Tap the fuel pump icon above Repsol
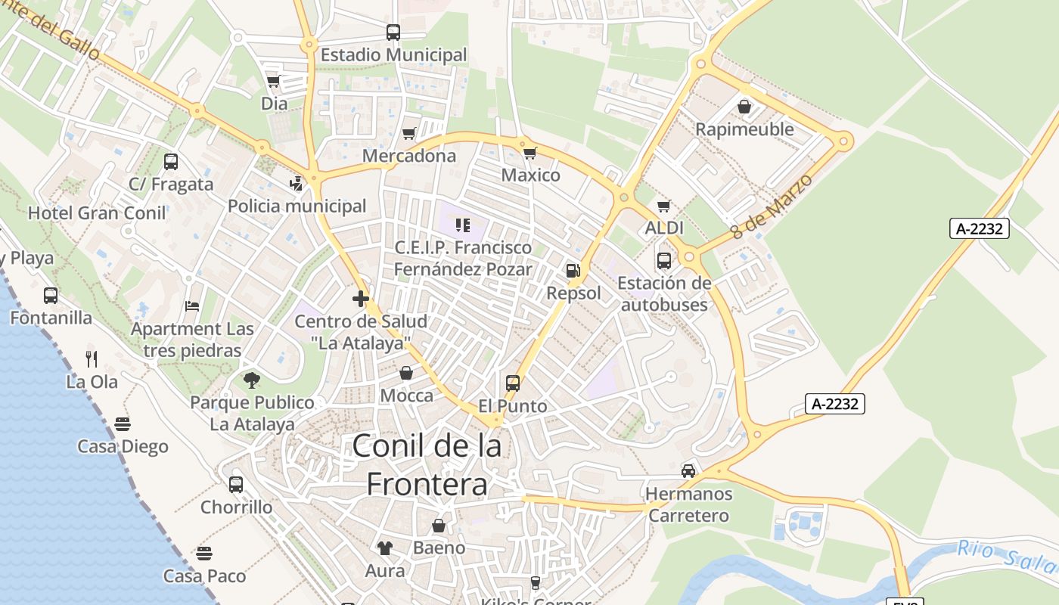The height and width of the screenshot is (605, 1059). (573, 271)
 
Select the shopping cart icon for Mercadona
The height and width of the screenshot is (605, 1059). (409, 134)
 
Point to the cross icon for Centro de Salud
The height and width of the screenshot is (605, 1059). (361, 299)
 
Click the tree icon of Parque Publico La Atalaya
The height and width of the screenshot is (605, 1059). (252, 380)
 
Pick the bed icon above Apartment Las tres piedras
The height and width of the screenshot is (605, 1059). (192, 306)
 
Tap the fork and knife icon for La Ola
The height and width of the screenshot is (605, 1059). (92, 358)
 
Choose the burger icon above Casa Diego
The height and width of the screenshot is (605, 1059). (123, 423)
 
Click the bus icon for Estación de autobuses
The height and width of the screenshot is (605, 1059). (663, 261)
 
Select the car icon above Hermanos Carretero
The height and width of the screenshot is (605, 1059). (688, 471)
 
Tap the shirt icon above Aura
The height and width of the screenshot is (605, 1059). (385, 548)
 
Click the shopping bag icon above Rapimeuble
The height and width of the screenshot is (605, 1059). (744, 107)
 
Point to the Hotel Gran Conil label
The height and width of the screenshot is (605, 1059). (97, 213)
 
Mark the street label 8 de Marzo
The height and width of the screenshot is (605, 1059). (772, 206)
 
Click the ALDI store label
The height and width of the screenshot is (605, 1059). (664, 228)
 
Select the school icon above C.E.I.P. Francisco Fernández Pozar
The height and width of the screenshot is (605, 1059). (463, 225)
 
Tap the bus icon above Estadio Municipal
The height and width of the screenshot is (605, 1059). (393, 33)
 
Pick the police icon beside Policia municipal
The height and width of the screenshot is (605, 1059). (297, 183)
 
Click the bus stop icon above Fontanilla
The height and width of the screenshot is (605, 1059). (51, 296)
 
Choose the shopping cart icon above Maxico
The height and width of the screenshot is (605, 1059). (530, 153)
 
